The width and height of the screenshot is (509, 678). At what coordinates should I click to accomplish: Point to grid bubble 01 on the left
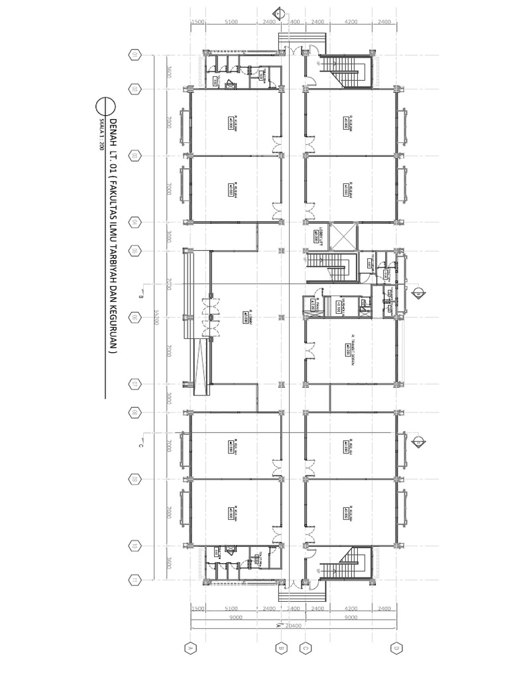pos(135,54)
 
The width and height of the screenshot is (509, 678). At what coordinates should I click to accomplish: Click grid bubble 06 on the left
pos(135,318)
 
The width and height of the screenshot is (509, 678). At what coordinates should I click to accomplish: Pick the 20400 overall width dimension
pos(292,624)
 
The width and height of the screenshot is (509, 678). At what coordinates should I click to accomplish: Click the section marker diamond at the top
pos(279,11)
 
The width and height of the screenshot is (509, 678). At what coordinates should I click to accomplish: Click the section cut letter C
pos(141,446)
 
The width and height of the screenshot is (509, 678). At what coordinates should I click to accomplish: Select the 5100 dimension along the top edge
pos(231,22)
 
